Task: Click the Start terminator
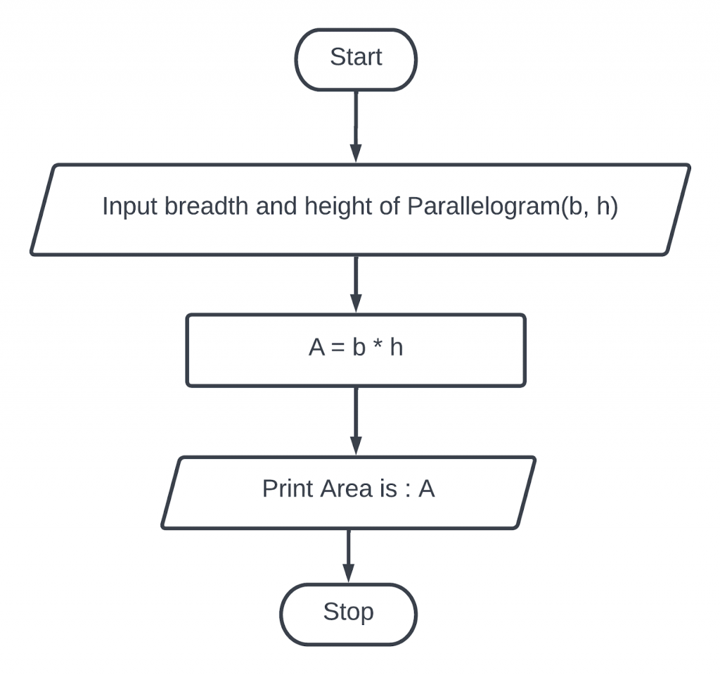tap(356, 59)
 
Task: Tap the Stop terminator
tap(349, 614)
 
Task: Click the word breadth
tap(207, 206)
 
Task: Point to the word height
tap(338, 206)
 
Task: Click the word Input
tap(129, 206)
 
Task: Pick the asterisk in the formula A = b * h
tap(378, 343)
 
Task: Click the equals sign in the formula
tap(338, 348)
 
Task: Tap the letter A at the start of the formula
tap(317, 347)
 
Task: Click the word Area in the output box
tap(346, 488)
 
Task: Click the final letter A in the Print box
tap(427, 488)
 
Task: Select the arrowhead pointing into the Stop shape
tap(349, 573)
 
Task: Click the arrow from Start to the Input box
tap(356, 127)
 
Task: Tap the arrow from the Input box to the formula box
tap(356, 284)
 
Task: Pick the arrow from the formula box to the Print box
tap(356, 421)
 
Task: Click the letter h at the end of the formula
tap(397, 347)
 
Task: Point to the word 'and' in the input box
tap(276, 206)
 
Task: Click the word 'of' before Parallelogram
tap(390, 206)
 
